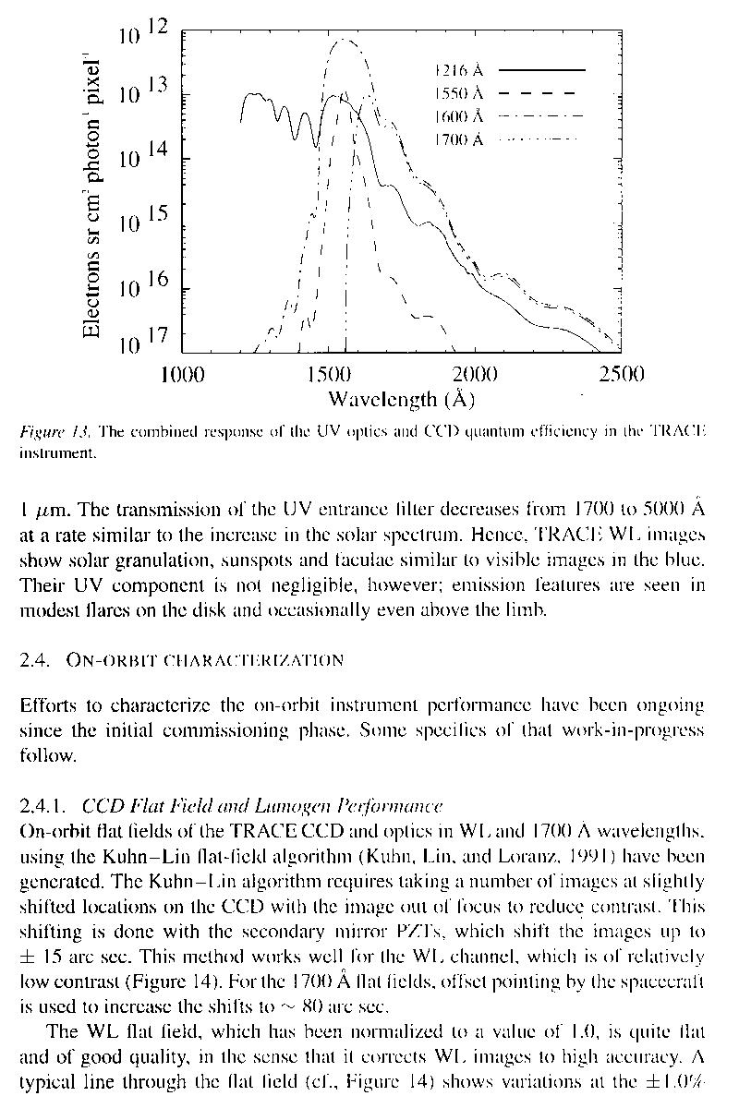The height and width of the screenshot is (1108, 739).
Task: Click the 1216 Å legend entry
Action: coord(459,70)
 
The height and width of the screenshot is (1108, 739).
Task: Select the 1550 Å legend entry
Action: coord(459,93)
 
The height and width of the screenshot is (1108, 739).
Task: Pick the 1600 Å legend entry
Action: coord(459,116)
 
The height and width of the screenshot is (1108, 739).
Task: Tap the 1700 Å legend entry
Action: coord(459,140)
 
